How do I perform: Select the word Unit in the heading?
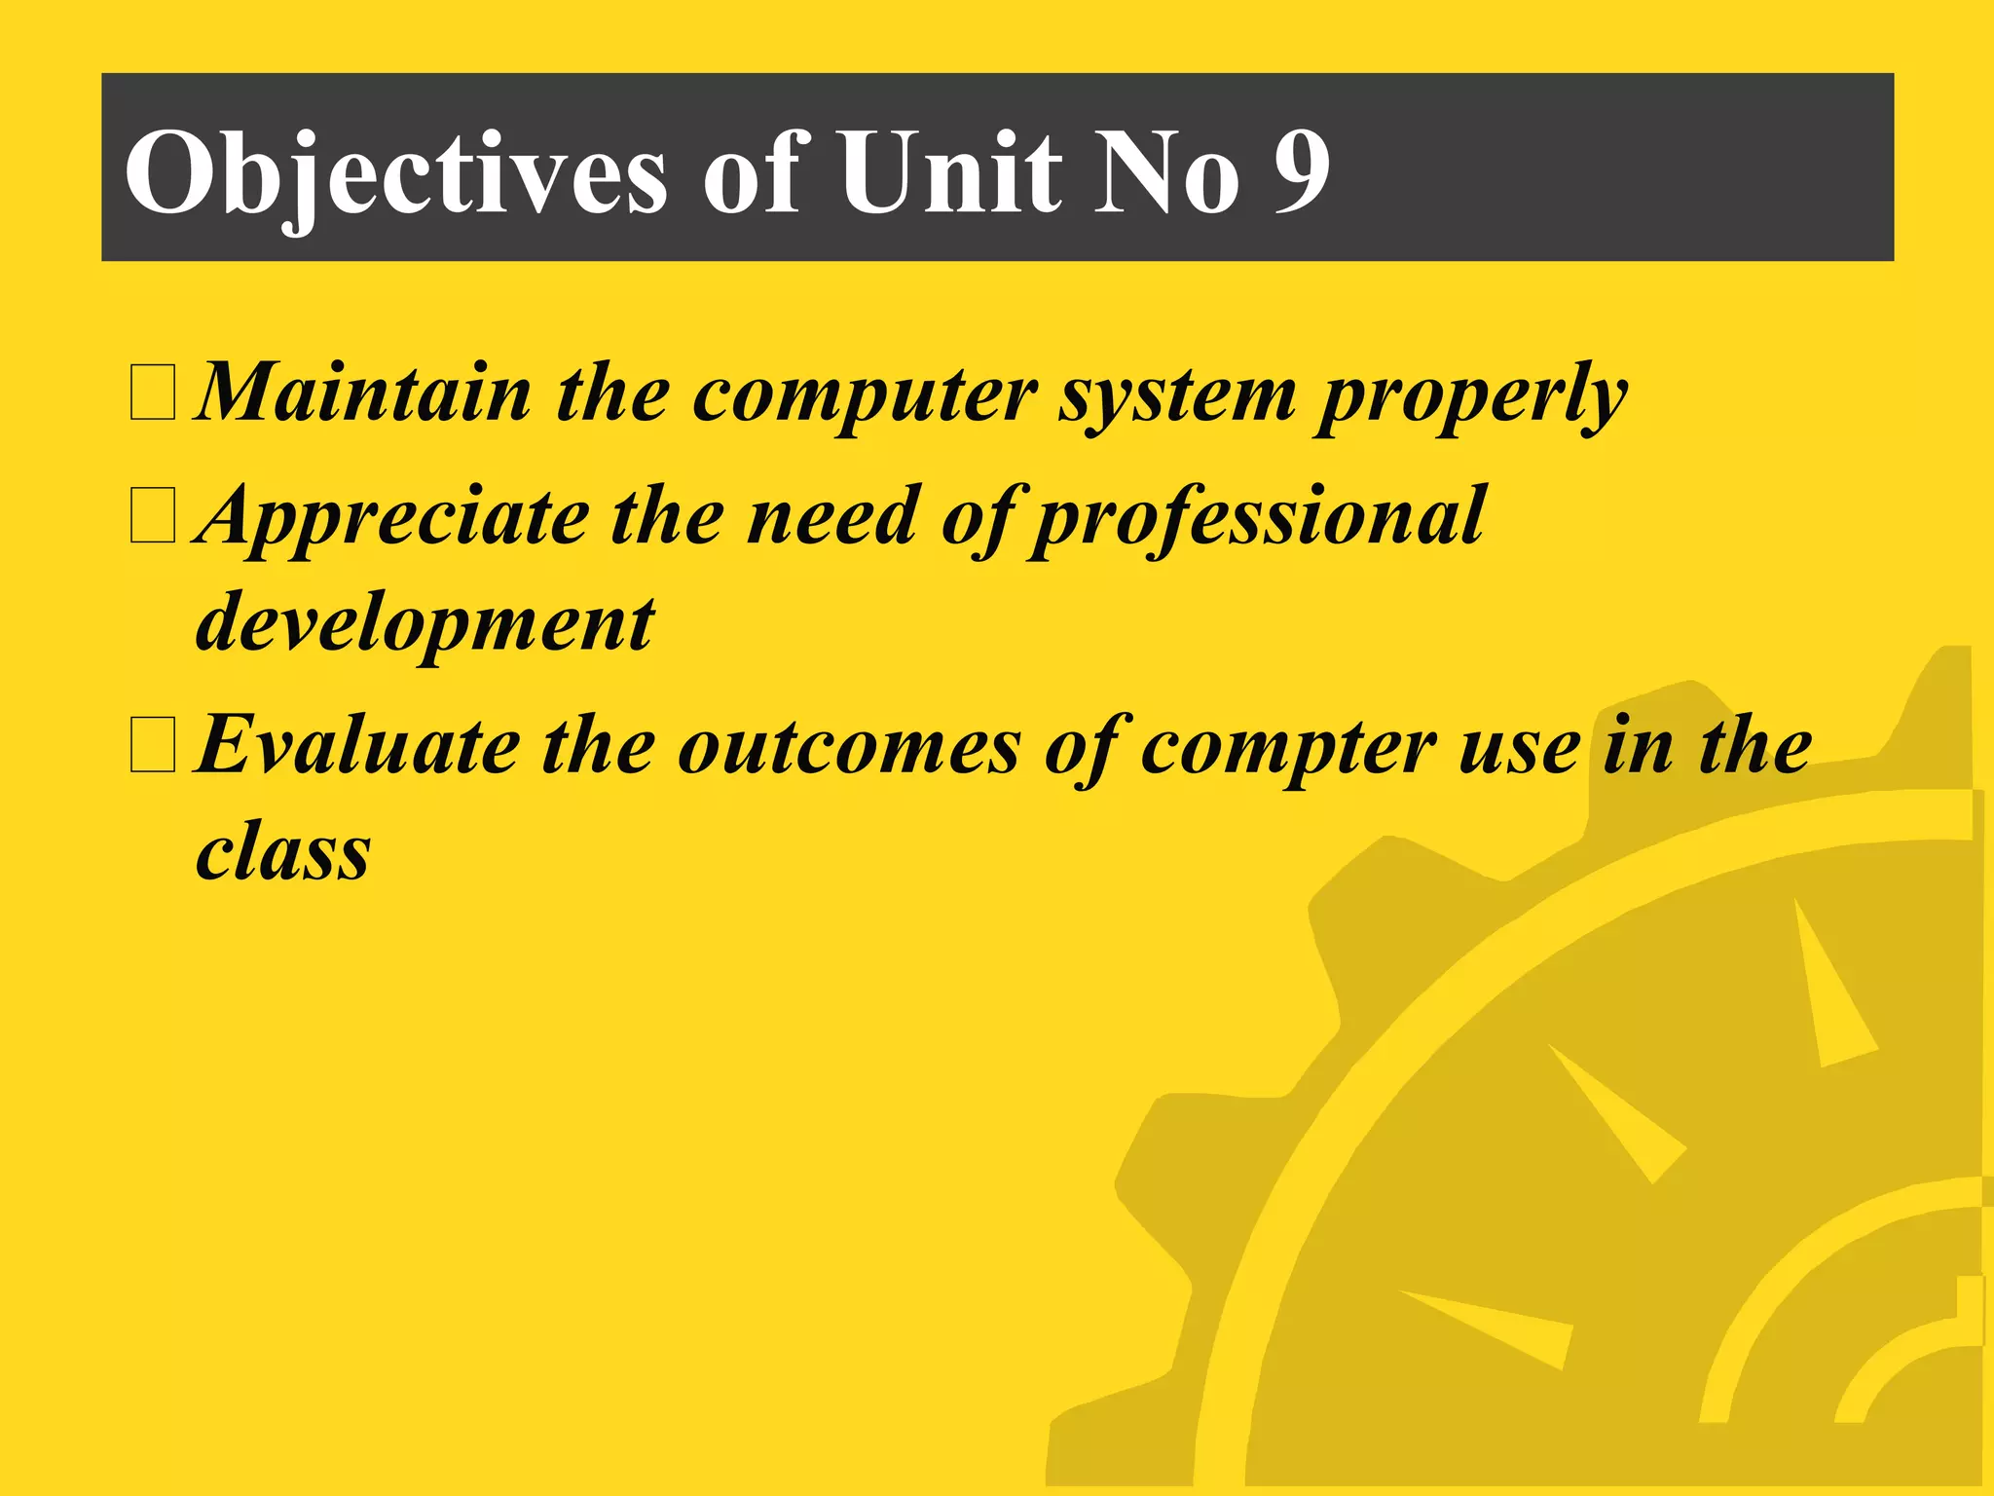click(950, 171)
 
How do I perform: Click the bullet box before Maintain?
click(153, 393)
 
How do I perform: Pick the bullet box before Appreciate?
click(153, 515)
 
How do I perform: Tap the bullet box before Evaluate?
click(153, 745)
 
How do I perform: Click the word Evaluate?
click(358, 746)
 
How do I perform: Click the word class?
click(283, 851)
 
